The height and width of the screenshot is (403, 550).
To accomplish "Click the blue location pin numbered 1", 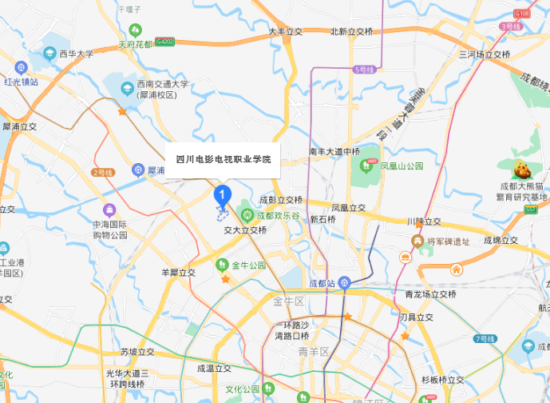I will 223,194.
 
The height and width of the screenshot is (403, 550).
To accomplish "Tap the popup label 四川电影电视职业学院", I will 223,160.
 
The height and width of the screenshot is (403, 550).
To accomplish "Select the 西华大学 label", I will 76,54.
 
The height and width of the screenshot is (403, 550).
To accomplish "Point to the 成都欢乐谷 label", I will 279,216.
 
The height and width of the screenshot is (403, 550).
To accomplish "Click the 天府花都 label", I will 135,45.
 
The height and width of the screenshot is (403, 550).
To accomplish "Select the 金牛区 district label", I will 288,301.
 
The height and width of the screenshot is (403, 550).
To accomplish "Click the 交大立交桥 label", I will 244,229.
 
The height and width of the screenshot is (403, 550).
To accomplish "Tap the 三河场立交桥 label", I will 484,54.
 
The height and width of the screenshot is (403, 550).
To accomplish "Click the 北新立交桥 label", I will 351,31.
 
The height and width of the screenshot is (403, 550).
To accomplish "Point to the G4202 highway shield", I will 165,41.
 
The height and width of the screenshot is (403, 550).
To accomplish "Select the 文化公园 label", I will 242,389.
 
